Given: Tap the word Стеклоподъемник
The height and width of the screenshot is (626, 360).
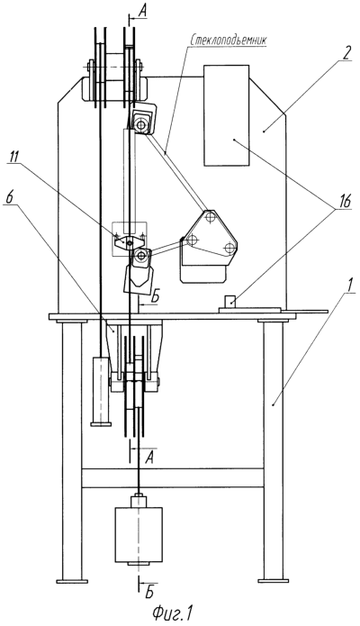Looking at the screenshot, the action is tap(229, 41).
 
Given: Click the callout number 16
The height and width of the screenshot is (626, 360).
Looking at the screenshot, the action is tap(345, 202).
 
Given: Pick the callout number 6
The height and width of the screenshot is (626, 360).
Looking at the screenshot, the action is tap(9, 198).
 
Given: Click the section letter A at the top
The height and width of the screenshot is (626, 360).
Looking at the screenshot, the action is tap(142, 12).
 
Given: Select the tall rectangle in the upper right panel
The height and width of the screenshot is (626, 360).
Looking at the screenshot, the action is tap(227, 115).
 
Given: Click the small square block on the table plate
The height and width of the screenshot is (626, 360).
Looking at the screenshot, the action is tap(229, 302).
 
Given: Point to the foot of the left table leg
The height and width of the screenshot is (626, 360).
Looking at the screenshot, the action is tap(72, 581).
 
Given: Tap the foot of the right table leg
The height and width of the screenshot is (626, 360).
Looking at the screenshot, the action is tap(274, 580).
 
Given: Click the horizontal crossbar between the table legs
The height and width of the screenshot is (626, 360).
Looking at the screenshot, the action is tap(173, 478).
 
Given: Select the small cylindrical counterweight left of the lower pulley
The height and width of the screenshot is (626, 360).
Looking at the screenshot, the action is tap(101, 391).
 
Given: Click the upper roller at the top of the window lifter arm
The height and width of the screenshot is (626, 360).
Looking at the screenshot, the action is tap(140, 125).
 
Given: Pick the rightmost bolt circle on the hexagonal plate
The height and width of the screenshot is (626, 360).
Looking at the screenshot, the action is tap(229, 248).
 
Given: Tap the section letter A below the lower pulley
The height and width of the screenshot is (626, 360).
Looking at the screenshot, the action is tap(149, 459).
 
